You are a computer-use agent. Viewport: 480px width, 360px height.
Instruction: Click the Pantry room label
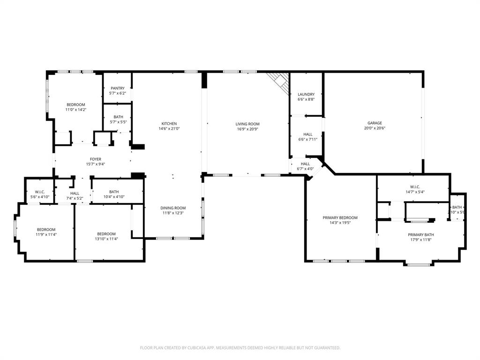pos(118,88)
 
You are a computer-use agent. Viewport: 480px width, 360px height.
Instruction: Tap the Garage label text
pos(374,123)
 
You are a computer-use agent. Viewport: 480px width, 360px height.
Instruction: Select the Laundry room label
pos(306,94)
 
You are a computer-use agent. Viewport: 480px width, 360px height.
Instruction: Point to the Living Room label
pos(247,124)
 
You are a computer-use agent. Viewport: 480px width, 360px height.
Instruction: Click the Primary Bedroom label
pos(340,217)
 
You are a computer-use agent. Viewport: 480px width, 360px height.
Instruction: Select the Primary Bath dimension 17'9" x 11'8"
pos(420,240)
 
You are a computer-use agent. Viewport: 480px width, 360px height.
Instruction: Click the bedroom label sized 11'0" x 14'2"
pos(75,105)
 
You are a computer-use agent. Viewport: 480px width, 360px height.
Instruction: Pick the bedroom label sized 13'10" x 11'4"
pos(106,234)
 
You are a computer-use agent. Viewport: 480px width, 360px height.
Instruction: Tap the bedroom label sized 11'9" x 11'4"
pos(46,230)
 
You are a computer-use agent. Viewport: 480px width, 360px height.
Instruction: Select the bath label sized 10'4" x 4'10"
pos(114,192)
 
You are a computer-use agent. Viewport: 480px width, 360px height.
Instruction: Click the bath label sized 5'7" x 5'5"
pos(118,117)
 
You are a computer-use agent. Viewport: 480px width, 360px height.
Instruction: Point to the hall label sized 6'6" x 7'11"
pos(307,135)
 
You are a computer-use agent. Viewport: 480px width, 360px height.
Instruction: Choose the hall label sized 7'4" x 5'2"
pos(75,193)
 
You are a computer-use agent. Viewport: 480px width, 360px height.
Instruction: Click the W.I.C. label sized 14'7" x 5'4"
pos(415,187)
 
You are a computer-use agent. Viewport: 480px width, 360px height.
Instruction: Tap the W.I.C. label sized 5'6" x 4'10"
pos(39,192)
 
